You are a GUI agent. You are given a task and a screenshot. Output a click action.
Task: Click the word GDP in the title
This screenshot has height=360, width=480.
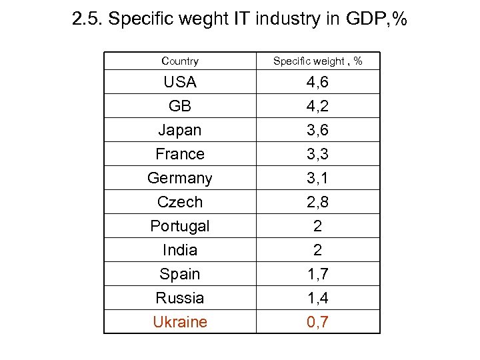(x=365, y=20)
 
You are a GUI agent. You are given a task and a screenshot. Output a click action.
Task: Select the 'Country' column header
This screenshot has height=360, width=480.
(x=180, y=61)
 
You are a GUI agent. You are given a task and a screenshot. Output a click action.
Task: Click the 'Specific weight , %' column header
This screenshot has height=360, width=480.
(x=317, y=61)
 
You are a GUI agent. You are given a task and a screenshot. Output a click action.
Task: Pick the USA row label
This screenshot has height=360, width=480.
(x=180, y=82)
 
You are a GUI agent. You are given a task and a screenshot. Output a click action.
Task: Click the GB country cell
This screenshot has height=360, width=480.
(x=180, y=106)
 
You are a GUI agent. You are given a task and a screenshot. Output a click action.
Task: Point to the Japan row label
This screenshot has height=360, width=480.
(x=180, y=130)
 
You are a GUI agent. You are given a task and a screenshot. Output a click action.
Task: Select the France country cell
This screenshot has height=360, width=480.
(x=180, y=154)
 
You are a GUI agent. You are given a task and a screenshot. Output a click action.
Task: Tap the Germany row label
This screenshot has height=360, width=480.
(x=180, y=178)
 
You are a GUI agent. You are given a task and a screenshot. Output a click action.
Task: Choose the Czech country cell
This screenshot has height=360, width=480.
(x=180, y=202)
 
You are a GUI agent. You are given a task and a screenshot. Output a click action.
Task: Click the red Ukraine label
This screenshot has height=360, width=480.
(x=180, y=322)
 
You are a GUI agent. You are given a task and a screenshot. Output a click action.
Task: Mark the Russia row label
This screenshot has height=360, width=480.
(x=180, y=298)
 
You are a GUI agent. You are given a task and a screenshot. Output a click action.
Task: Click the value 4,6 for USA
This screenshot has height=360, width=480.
(x=317, y=82)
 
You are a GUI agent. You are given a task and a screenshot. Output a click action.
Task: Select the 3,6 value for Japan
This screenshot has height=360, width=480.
(x=317, y=130)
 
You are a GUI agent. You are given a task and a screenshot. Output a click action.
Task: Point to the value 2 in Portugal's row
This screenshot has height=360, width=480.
(x=317, y=226)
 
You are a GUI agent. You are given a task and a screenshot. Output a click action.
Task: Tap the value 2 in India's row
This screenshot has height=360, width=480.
(x=317, y=250)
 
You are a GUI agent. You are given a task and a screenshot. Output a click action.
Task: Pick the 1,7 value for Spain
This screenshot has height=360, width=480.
(x=317, y=274)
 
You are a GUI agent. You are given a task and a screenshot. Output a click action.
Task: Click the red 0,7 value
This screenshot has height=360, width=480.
(x=317, y=322)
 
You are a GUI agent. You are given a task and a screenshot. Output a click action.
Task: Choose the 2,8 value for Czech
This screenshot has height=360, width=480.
(x=317, y=202)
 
